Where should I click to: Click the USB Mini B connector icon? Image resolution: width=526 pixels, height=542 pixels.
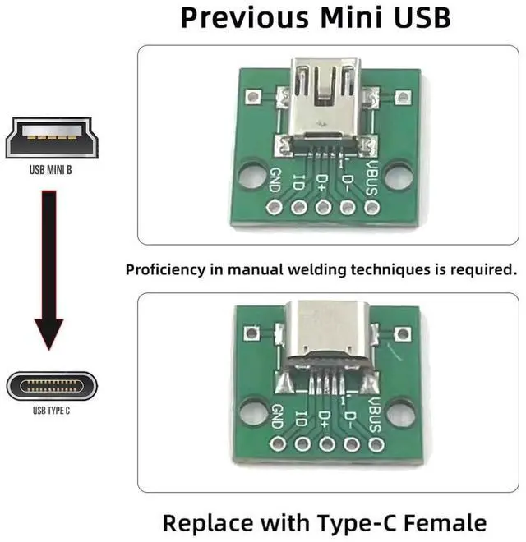(51, 138)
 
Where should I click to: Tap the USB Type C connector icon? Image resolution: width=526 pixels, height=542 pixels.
(52, 385)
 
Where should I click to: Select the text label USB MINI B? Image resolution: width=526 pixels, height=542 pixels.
(51, 172)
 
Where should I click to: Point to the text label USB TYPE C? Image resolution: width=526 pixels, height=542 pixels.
(51, 410)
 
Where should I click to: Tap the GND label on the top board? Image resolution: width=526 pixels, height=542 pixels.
(276, 176)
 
